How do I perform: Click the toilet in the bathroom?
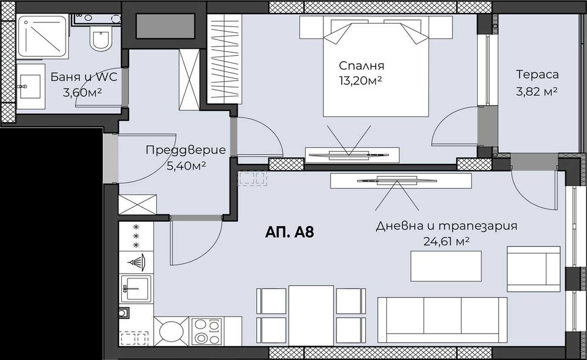(x=100, y=41)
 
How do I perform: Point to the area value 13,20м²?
(x=361, y=80)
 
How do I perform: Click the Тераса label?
(x=537, y=75)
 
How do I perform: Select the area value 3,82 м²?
(x=537, y=91)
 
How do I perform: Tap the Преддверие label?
(x=185, y=150)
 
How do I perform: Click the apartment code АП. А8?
(x=289, y=232)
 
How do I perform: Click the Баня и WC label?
(x=85, y=77)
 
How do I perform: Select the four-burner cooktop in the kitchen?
(x=207, y=331)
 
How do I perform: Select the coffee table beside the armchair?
(x=446, y=266)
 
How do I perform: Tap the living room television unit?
(x=400, y=180)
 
